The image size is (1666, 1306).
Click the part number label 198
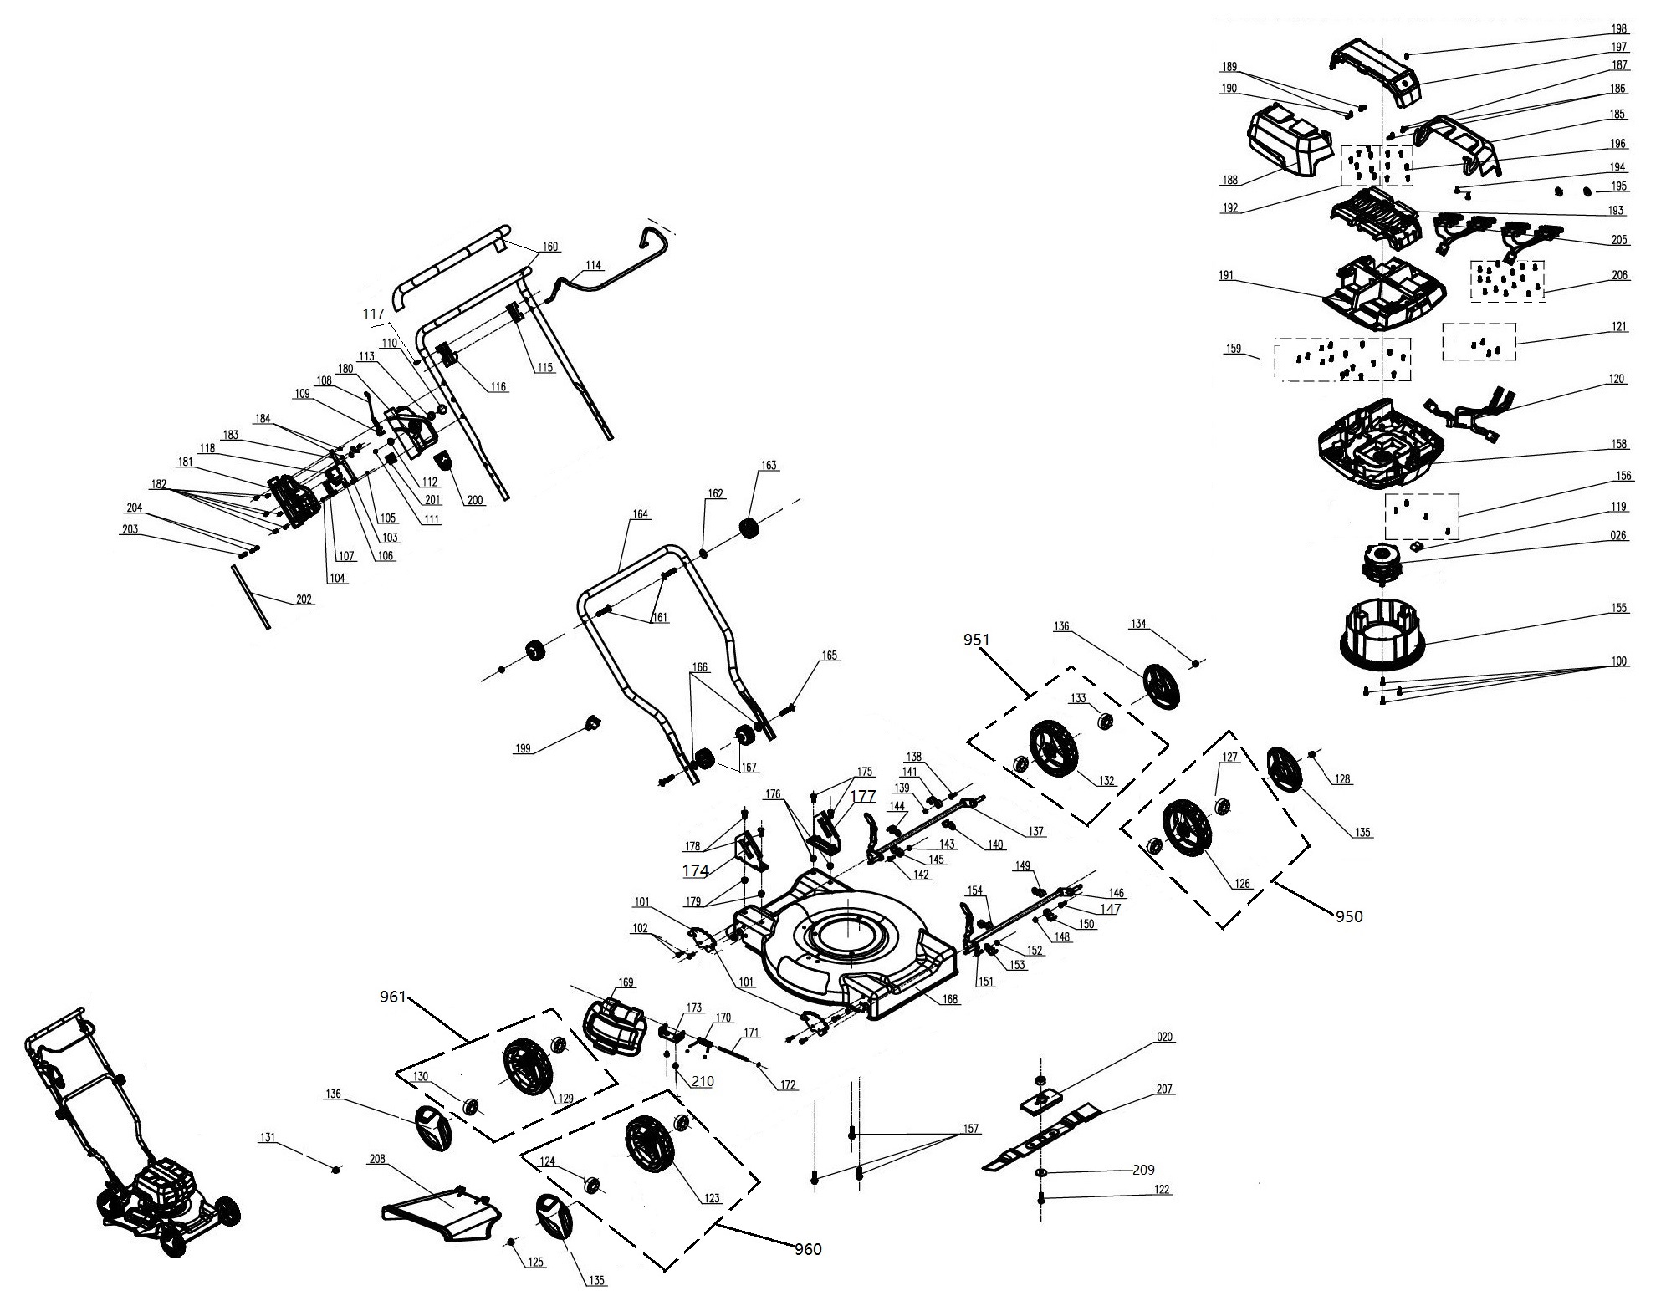click(x=1619, y=29)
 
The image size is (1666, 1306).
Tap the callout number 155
click(x=1619, y=608)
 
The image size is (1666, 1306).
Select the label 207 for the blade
click(x=1164, y=1089)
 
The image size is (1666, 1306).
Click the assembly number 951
click(x=976, y=640)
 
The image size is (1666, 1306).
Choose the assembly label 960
click(x=808, y=1249)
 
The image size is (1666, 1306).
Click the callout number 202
click(x=304, y=599)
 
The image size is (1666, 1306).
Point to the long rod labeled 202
click(x=250, y=595)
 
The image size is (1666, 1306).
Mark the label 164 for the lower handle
click(x=640, y=514)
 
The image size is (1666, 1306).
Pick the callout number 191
click(x=1227, y=276)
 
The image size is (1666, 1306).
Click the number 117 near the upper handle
click(x=374, y=313)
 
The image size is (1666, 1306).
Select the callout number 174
click(x=696, y=870)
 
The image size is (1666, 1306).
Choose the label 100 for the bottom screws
click(x=1619, y=661)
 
